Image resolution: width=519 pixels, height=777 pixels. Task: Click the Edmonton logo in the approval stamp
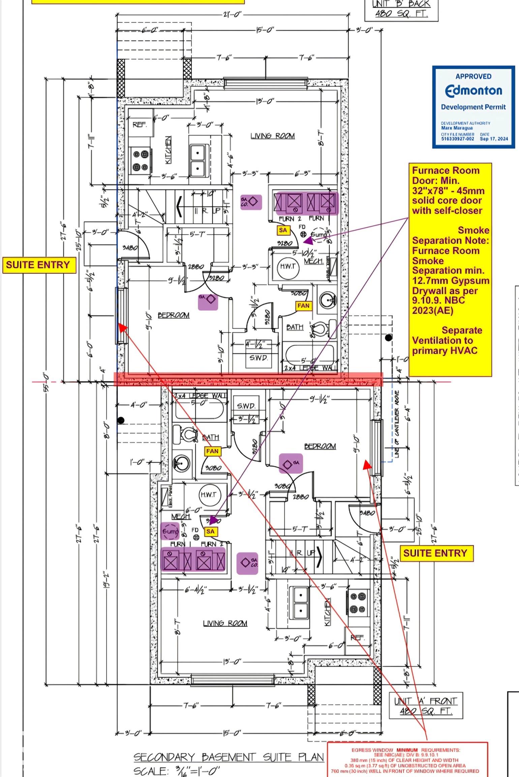[474, 90]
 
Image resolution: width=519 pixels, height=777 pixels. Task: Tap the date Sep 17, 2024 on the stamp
[494, 139]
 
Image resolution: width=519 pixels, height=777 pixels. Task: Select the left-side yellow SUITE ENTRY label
[38, 265]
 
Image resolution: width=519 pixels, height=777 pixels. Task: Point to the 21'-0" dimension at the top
[232, 15]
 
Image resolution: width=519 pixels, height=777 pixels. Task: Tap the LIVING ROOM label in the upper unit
[272, 136]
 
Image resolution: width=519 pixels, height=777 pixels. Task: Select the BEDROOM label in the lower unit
[320, 446]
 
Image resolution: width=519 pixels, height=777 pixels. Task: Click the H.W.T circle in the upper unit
[287, 266]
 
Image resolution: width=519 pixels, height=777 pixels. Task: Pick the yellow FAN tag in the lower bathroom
[212, 451]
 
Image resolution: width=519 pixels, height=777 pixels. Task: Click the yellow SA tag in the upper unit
[283, 230]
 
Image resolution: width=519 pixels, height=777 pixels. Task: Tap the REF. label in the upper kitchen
[140, 125]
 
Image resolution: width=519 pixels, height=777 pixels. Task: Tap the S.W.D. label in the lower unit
[246, 406]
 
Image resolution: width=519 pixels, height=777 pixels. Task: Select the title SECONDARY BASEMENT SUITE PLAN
[228, 757]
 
